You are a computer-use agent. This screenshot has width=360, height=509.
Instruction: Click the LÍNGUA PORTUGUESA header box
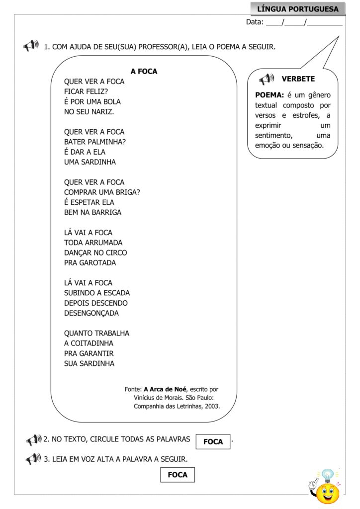298,9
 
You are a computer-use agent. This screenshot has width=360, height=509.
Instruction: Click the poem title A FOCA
144,72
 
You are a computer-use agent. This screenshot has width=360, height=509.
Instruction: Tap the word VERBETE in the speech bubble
298,79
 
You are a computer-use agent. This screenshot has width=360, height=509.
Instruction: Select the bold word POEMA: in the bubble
270,95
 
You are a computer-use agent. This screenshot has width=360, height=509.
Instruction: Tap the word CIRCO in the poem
116,253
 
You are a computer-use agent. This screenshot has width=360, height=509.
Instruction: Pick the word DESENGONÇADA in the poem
91,313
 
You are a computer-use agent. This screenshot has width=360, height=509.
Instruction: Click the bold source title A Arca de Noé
165,389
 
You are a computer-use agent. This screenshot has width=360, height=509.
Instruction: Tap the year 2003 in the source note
211,406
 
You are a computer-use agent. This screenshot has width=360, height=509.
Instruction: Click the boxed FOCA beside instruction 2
213,441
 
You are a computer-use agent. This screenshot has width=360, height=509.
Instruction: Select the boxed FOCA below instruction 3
178,475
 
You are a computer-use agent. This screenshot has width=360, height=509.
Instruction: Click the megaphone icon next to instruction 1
30,46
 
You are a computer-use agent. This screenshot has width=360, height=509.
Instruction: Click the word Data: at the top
255,22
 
